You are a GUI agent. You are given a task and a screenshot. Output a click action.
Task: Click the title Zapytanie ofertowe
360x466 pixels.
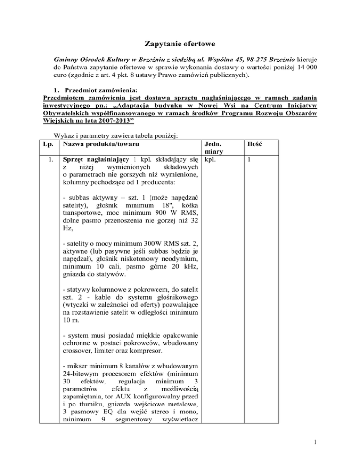(180, 45)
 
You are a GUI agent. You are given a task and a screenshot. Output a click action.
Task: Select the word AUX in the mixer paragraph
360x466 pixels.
(120, 400)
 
